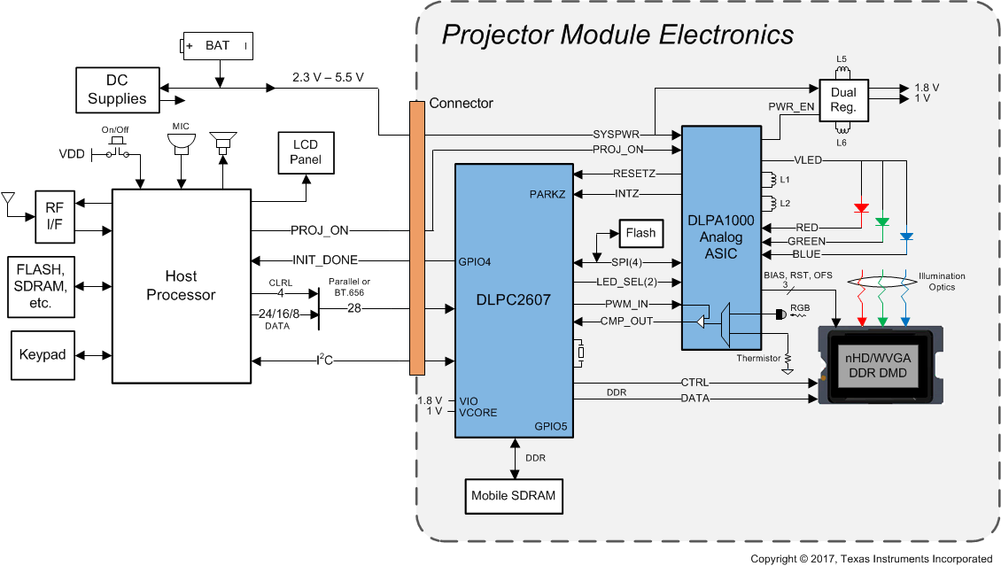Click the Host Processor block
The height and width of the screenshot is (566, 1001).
click(x=181, y=285)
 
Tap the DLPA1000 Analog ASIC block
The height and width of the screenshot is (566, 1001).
click(x=720, y=236)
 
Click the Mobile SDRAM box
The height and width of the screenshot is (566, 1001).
click(x=514, y=496)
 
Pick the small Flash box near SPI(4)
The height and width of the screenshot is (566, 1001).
click(x=640, y=233)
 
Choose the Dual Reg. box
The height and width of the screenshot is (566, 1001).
click(x=842, y=100)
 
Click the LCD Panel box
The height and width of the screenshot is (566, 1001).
click(x=305, y=152)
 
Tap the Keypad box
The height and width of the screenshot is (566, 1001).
click(x=43, y=354)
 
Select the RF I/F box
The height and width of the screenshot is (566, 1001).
click(x=54, y=216)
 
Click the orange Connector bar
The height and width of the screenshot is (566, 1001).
click(x=417, y=237)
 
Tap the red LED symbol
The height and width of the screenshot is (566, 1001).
click(x=861, y=208)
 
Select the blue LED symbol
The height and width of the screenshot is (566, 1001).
click(x=904, y=236)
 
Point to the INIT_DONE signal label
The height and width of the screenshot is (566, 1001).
click(x=324, y=260)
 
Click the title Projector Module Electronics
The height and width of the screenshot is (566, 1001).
click(x=617, y=35)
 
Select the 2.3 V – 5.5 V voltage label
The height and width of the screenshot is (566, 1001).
click(x=328, y=77)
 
